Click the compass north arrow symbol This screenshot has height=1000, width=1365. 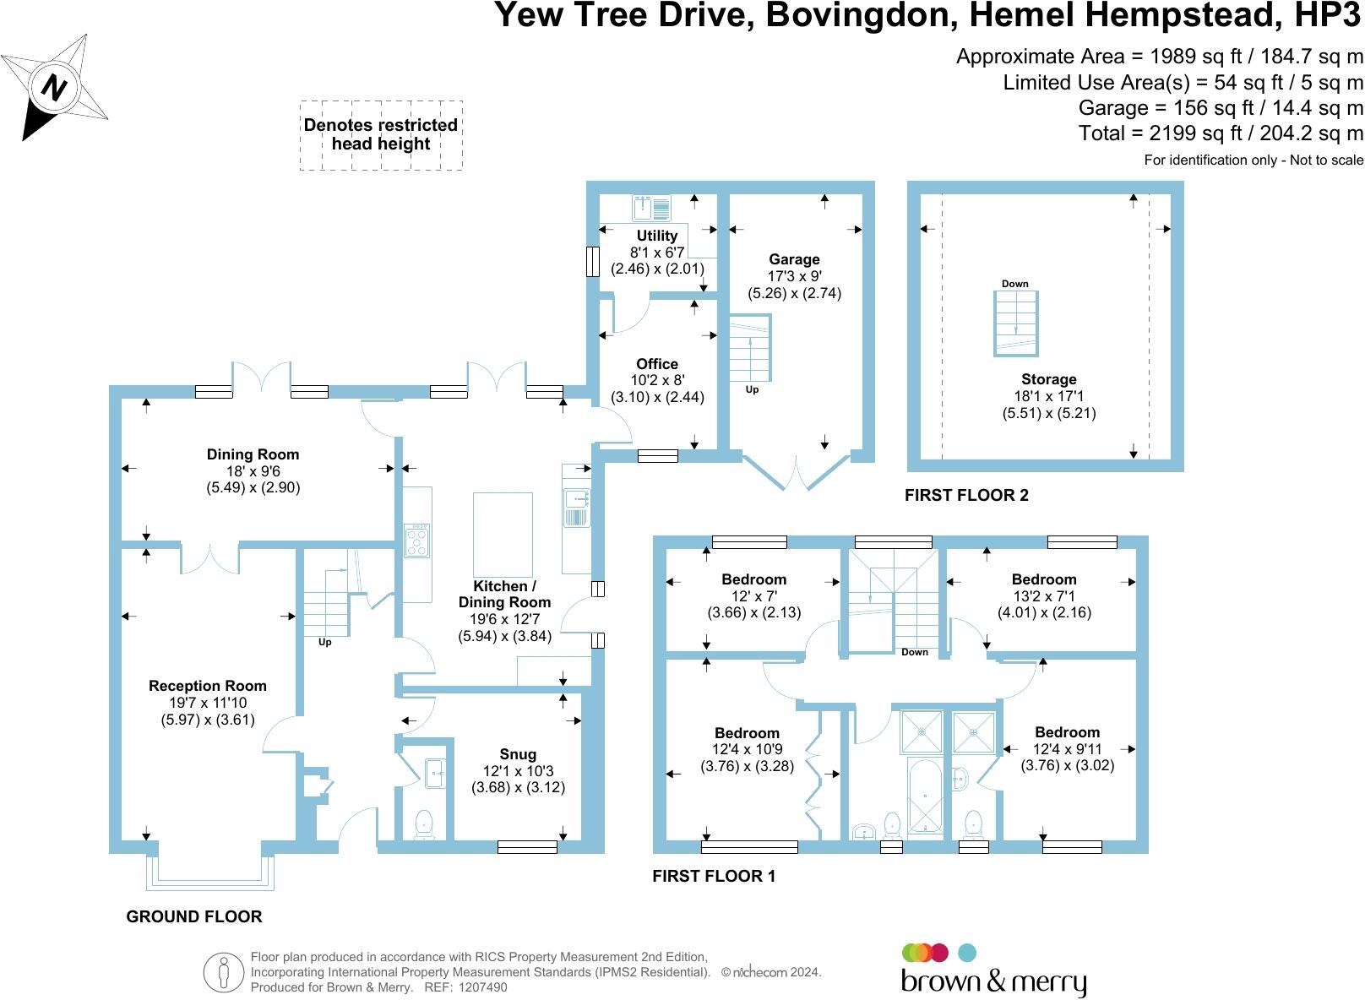click(x=56, y=87)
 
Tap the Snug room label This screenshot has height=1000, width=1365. click(x=517, y=754)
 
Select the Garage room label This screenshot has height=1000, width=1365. click(x=794, y=259)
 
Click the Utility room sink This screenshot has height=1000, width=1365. click(x=651, y=206)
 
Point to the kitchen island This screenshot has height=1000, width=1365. click(x=503, y=535)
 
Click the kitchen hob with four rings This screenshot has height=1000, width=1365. click(x=417, y=541)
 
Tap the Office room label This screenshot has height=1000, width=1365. click(x=657, y=364)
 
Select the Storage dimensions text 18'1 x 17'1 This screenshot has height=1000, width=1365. click(x=1048, y=396)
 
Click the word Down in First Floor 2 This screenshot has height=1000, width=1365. click(x=1015, y=284)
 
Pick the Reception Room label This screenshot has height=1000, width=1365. click(x=208, y=686)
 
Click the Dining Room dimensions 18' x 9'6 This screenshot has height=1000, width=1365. click(x=253, y=471)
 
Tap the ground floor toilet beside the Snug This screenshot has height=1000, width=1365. click(x=424, y=823)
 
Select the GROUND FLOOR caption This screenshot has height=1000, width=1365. click(x=194, y=916)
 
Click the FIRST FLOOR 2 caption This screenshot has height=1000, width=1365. click(x=966, y=495)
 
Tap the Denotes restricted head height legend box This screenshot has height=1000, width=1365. click(x=381, y=135)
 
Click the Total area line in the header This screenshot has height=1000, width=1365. click(x=1221, y=133)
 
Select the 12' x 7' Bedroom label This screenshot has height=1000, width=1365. click(x=753, y=579)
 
